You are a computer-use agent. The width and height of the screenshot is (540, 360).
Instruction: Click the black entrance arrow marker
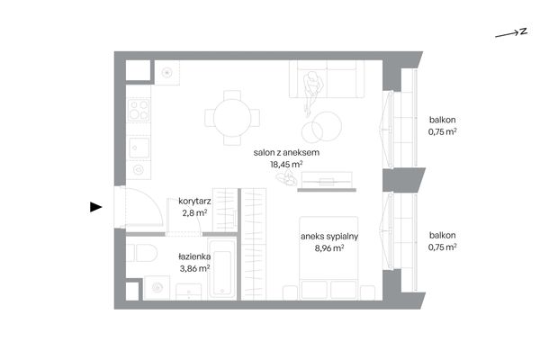[95, 207]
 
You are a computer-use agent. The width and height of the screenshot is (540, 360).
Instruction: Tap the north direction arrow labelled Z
[511, 33]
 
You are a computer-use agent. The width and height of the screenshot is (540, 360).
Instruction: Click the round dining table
[232, 118]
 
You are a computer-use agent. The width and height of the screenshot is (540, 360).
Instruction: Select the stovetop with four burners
[139, 110]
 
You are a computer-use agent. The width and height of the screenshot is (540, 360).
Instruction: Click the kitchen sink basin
[139, 148]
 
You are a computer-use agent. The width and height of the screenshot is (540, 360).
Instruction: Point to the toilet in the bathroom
[142, 253]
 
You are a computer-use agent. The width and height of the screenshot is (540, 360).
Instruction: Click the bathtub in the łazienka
[222, 269]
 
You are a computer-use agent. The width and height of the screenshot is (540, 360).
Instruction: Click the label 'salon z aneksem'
[286, 152]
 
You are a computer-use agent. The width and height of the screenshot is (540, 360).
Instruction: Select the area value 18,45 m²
[286, 164]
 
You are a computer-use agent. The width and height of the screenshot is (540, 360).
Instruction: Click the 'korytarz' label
[194, 201]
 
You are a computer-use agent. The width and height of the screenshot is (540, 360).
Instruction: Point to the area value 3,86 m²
[194, 268]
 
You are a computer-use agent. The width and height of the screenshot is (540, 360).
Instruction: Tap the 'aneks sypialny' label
[329, 237]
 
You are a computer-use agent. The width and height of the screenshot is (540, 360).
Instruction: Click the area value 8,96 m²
[329, 247]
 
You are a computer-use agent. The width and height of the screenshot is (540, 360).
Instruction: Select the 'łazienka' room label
[194, 256]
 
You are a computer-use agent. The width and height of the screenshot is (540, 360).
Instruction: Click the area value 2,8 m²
[194, 212]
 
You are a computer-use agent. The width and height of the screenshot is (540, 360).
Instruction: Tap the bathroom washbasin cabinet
[189, 292]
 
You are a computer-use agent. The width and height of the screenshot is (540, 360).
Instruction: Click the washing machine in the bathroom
[157, 288]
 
